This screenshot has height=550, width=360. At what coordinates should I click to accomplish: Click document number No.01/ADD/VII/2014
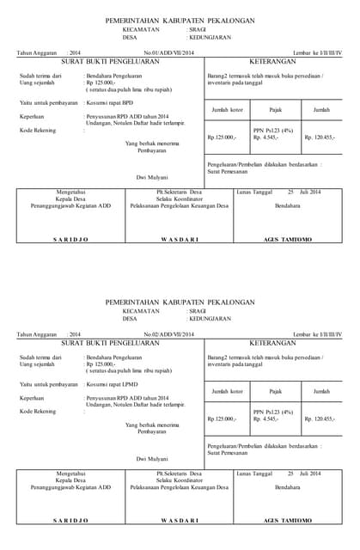point(169,54)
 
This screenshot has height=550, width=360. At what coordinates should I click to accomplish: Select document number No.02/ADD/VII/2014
point(169,334)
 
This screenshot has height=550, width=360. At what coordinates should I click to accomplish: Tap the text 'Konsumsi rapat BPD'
point(110,102)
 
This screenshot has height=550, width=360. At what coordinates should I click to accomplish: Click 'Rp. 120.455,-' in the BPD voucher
point(320,137)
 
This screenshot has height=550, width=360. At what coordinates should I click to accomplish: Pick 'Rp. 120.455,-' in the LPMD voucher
point(320,419)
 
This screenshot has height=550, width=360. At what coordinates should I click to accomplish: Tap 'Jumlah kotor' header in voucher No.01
point(224,110)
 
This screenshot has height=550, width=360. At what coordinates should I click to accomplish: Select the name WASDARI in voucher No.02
point(180,520)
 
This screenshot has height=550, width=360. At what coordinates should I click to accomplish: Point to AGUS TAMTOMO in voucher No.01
point(288,239)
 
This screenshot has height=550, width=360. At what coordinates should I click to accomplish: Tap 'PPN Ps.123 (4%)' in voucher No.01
point(273,131)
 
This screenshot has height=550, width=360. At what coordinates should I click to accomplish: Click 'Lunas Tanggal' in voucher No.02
point(255,473)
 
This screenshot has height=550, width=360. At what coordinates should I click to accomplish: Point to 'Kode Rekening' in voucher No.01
point(38,131)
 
